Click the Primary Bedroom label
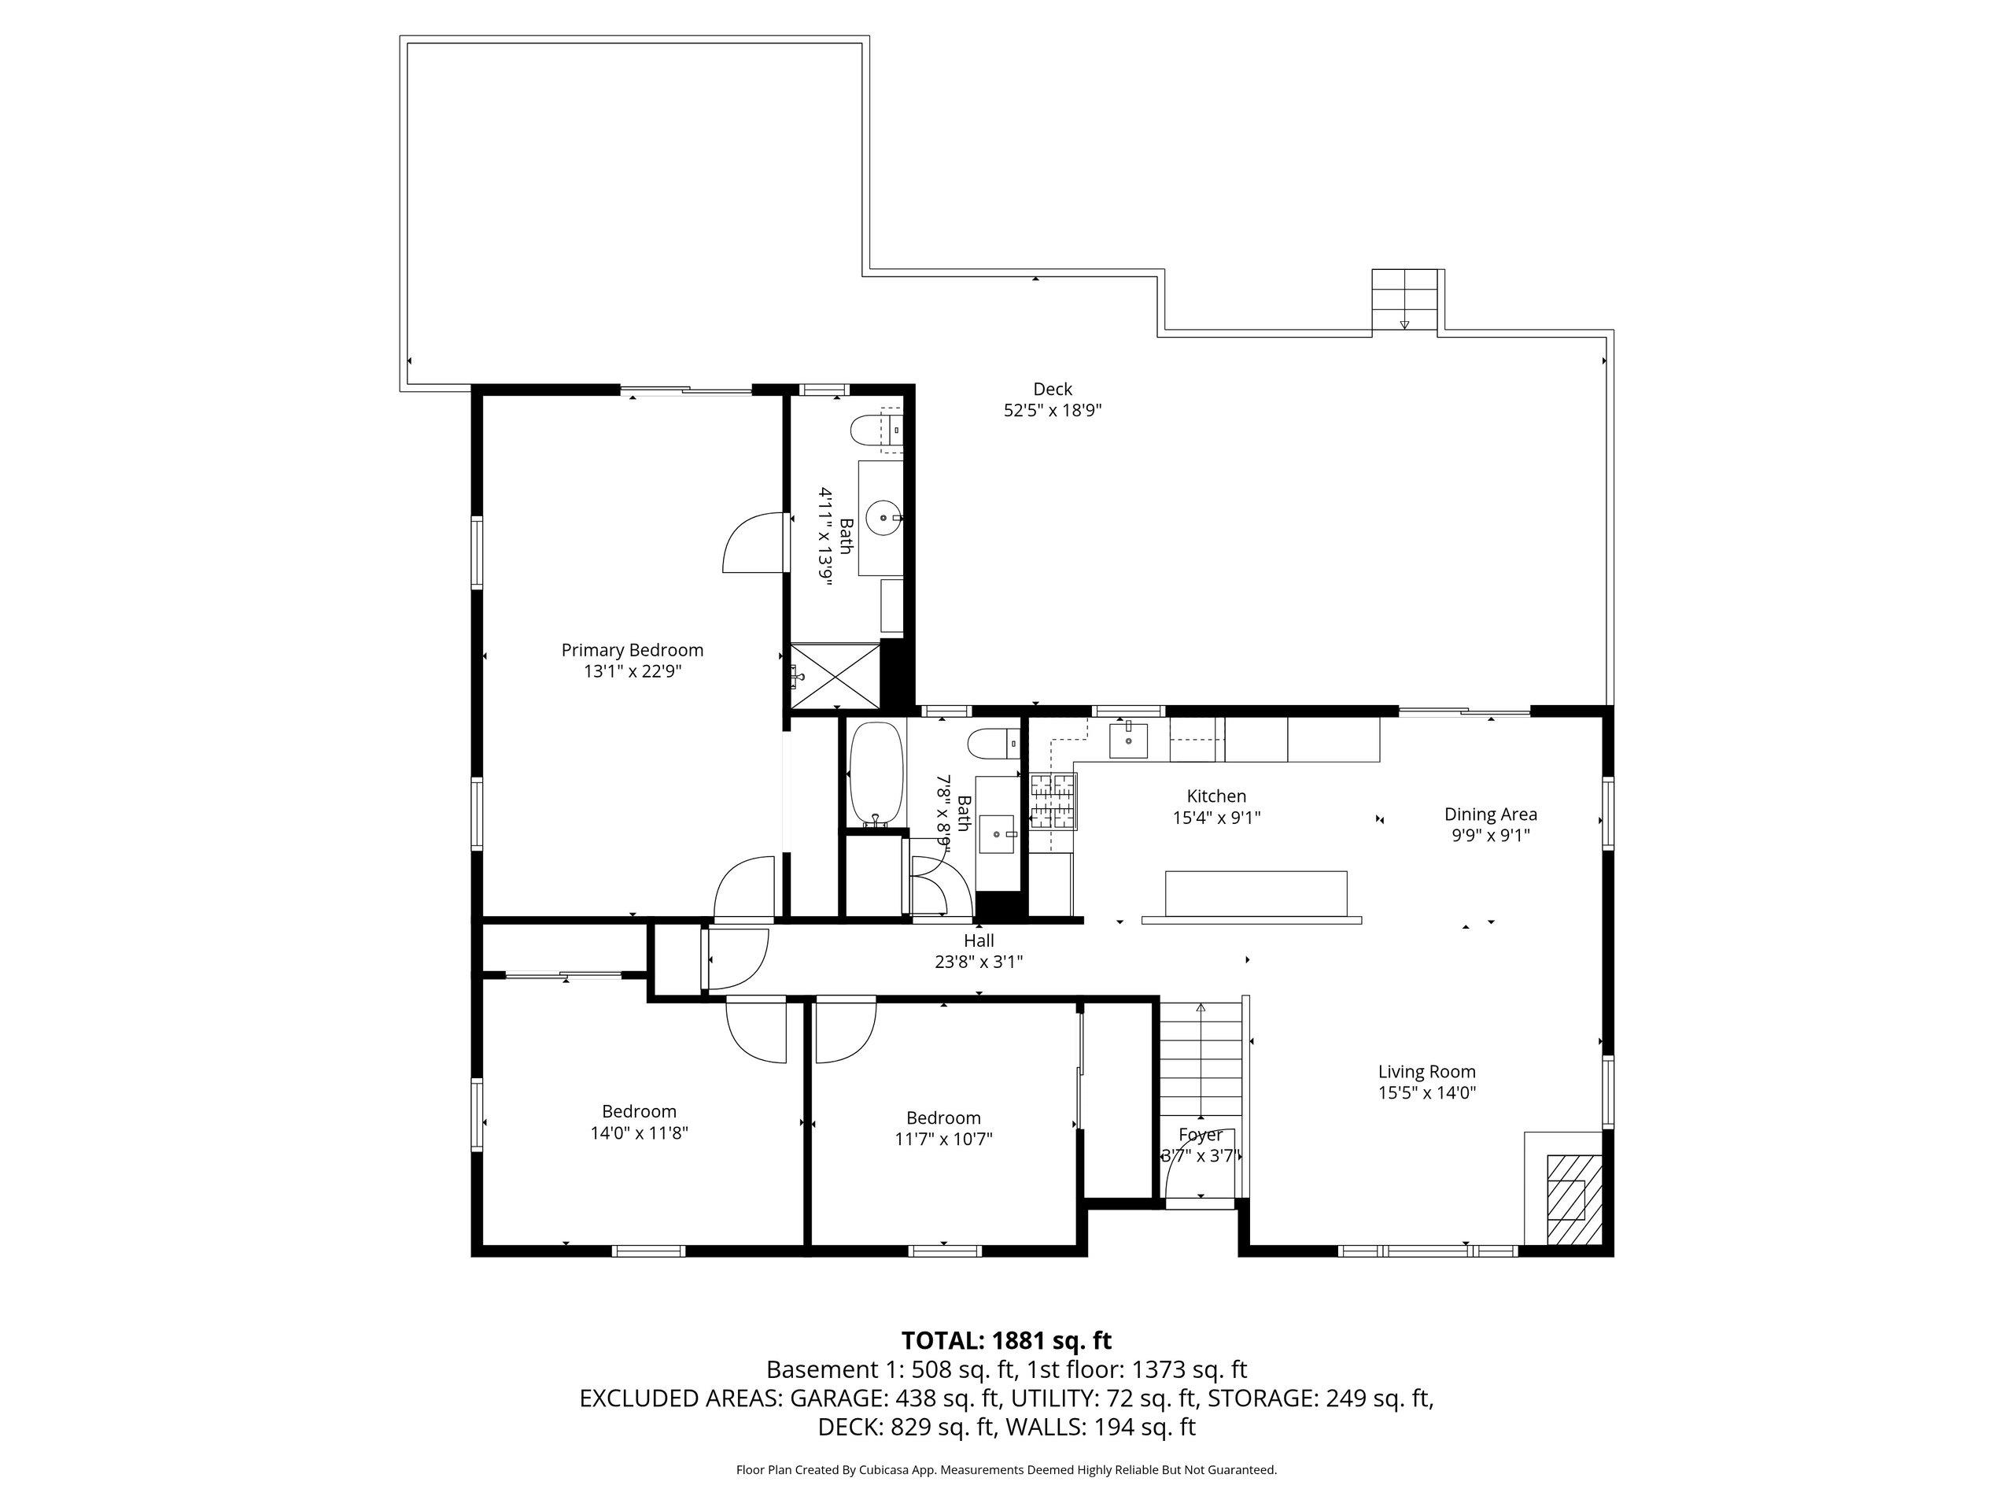tap(632, 650)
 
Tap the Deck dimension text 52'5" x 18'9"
tap(1053, 411)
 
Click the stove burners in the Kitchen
tap(1053, 801)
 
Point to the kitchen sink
tap(1128, 740)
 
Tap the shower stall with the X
tap(835, 675)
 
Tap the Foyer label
tap(1200, 1135)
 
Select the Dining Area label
tap(1491, 815)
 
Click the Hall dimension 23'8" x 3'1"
tap(979, 962)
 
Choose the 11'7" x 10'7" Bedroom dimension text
tap(943, 1140)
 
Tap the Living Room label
tap(1427, 1072)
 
